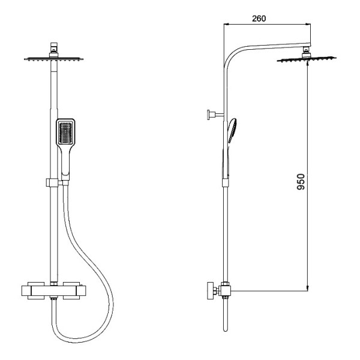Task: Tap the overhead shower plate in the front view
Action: (54, 59)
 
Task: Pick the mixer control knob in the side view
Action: (211, 291)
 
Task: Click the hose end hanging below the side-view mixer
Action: (224, 324)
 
